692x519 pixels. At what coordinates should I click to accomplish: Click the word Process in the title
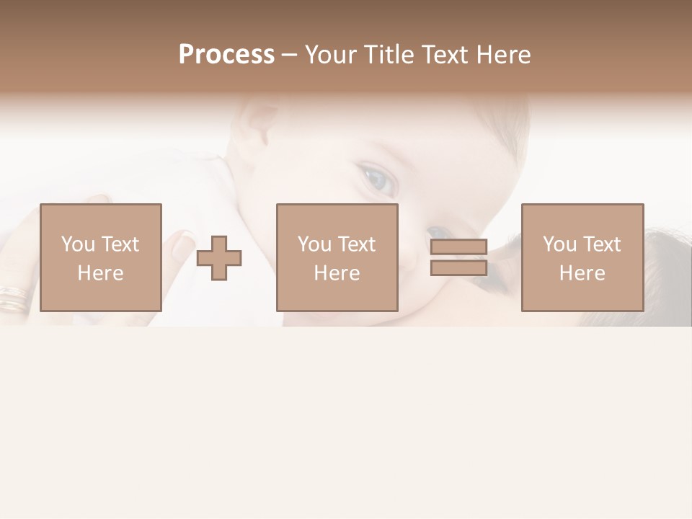[x=226, y=55]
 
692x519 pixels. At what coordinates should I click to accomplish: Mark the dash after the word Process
[x=290, y=56]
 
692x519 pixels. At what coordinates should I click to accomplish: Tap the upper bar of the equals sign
[x=459, y=247]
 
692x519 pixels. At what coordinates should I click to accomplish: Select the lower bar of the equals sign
[x=459, y=267]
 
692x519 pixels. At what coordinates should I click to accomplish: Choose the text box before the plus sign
[x=101, y=257]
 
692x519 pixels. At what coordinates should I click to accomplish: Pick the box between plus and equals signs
[x=337, y=257]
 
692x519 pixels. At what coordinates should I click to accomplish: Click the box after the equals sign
[x=582, y=257]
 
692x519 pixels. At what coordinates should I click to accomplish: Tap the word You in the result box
[x=559, y=244]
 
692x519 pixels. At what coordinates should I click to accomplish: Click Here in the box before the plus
[x=101, y=273]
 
